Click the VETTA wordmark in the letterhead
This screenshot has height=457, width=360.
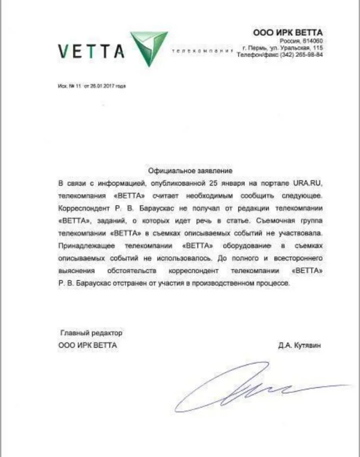[x=91, y=50]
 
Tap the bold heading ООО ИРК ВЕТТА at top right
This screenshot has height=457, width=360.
[x=288, y=32]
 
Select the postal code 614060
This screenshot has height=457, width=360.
[x=312, y=41]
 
